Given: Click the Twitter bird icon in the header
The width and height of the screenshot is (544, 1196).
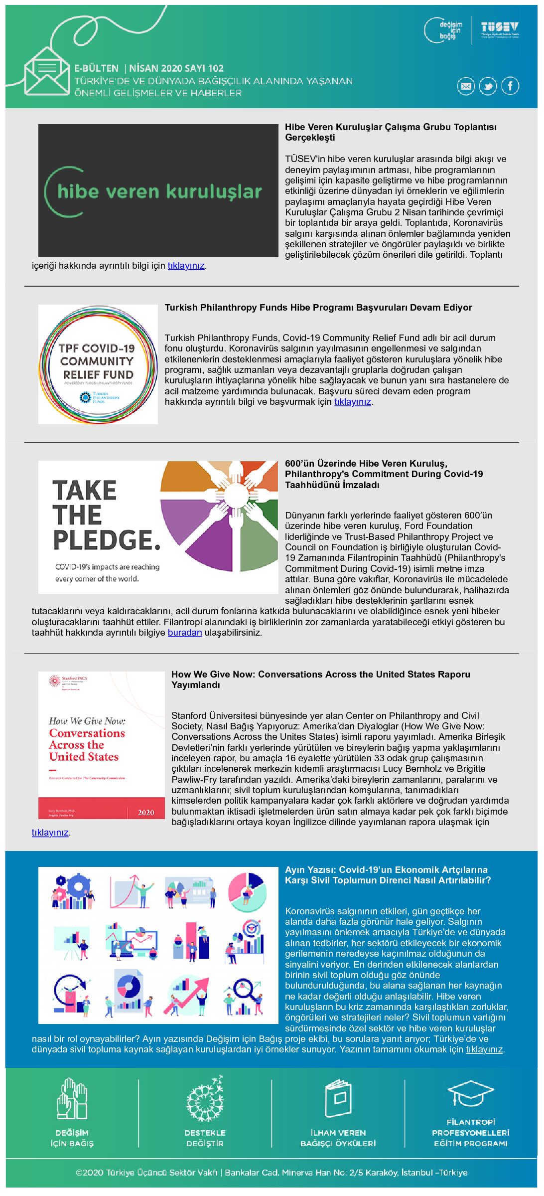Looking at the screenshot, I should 488,86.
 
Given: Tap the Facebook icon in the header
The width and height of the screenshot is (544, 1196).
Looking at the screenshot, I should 510,86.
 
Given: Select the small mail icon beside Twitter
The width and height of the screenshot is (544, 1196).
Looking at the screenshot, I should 466,86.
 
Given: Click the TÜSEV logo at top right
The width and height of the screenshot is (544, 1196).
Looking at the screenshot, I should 500,29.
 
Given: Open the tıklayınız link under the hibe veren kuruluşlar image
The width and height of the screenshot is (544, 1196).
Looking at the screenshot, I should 186,266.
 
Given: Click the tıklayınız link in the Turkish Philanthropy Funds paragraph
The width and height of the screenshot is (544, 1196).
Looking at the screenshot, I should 352,402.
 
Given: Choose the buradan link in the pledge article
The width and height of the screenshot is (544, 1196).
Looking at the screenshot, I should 184,633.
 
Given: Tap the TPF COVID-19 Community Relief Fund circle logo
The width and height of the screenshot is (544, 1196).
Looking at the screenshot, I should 98,364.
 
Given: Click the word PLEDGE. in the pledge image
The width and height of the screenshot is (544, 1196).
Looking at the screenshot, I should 107,540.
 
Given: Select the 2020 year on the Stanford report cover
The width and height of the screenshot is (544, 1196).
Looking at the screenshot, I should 146,812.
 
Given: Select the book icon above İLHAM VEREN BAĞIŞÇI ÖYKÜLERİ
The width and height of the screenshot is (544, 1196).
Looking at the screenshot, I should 338,1098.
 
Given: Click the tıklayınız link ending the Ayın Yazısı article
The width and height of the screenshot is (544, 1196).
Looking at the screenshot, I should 484,1049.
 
